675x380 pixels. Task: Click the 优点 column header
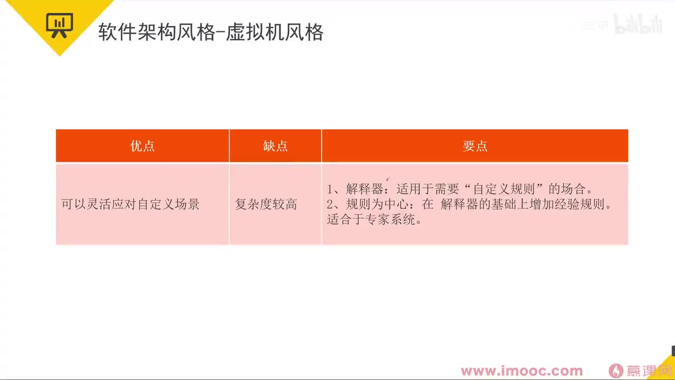(x=142, y=146)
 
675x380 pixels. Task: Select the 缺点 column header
(x=275, y=146)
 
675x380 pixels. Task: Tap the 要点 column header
(x=475, y=146)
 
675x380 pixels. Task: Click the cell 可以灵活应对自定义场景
(x=131, y=204)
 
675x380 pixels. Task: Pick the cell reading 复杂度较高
(x=266, y=204)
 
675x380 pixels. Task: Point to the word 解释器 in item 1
(x=364, y=189)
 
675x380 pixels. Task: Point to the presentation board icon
(x=59, y=24)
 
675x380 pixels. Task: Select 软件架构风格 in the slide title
(x=157, y=33)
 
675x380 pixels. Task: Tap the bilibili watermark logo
(x=638, y=25)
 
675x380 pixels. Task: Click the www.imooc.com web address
(x=522, y=371)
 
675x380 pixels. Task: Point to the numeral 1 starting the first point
(x=331, y=189)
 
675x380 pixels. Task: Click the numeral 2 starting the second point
(x=331, y=204)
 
